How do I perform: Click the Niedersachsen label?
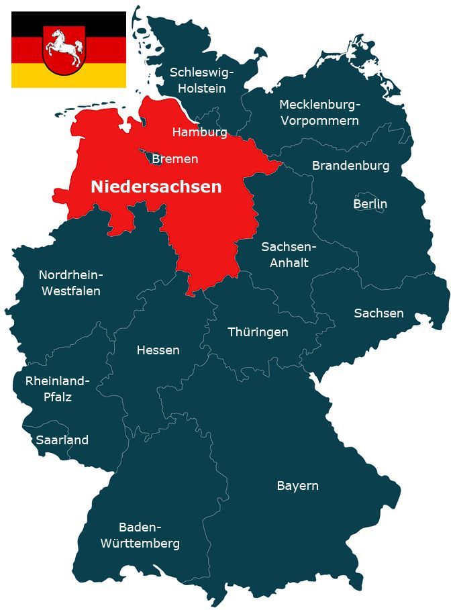point(156,187)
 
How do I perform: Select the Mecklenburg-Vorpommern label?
point(319,113)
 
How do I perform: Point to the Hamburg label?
point(199,132)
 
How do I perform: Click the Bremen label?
point(174,159)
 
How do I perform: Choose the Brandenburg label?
point(350,165)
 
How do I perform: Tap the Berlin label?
point(370,203)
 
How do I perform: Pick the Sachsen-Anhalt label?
point(289,254)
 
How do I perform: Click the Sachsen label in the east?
point(378,313)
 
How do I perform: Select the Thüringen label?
point(258,332)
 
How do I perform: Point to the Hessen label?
point(158,350)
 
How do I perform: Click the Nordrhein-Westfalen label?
point(70,283)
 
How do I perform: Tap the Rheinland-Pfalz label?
point(57,389)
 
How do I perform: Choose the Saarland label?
point(62,440)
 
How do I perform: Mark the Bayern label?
point(297,485)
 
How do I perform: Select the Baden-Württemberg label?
point(140,535)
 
